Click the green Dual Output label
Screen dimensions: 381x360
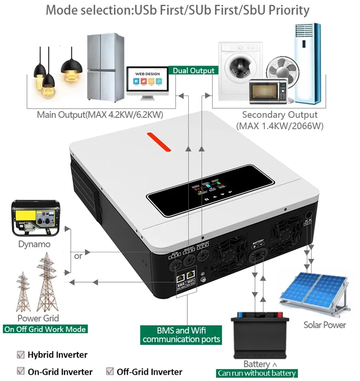[x=193, y=71]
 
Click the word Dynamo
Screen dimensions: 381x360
[x=34, y=244]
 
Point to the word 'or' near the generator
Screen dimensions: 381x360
[x=78, y=256]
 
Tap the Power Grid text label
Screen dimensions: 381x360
[x=38, y=318]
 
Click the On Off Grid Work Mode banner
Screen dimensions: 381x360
[x=46, y=329]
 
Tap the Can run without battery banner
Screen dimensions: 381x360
[x=257, y=373]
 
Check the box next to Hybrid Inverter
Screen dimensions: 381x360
[x=20, y=354]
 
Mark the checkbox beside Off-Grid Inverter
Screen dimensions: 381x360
[x=110, y=371]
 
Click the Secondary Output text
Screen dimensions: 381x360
[x=279, y=114]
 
